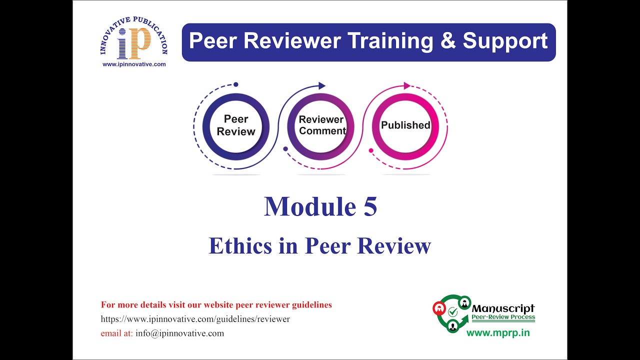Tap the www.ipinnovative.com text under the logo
click(133, 64)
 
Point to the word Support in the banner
click(505, 41)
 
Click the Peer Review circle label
click(236, 125)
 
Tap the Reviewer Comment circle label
click(321, 125)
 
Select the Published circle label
click(405, 125)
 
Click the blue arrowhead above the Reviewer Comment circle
click(322, 86)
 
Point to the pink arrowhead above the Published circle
click(407, 86)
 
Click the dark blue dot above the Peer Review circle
click(236, 84)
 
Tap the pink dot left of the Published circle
click(371, 150)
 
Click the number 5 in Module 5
click(370, 206)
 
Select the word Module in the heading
click(306, 206)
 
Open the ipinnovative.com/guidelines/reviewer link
click(195, 319)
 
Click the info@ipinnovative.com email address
click(179, 333)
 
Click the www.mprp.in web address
click(497, 333)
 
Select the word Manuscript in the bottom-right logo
click(503, 308)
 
